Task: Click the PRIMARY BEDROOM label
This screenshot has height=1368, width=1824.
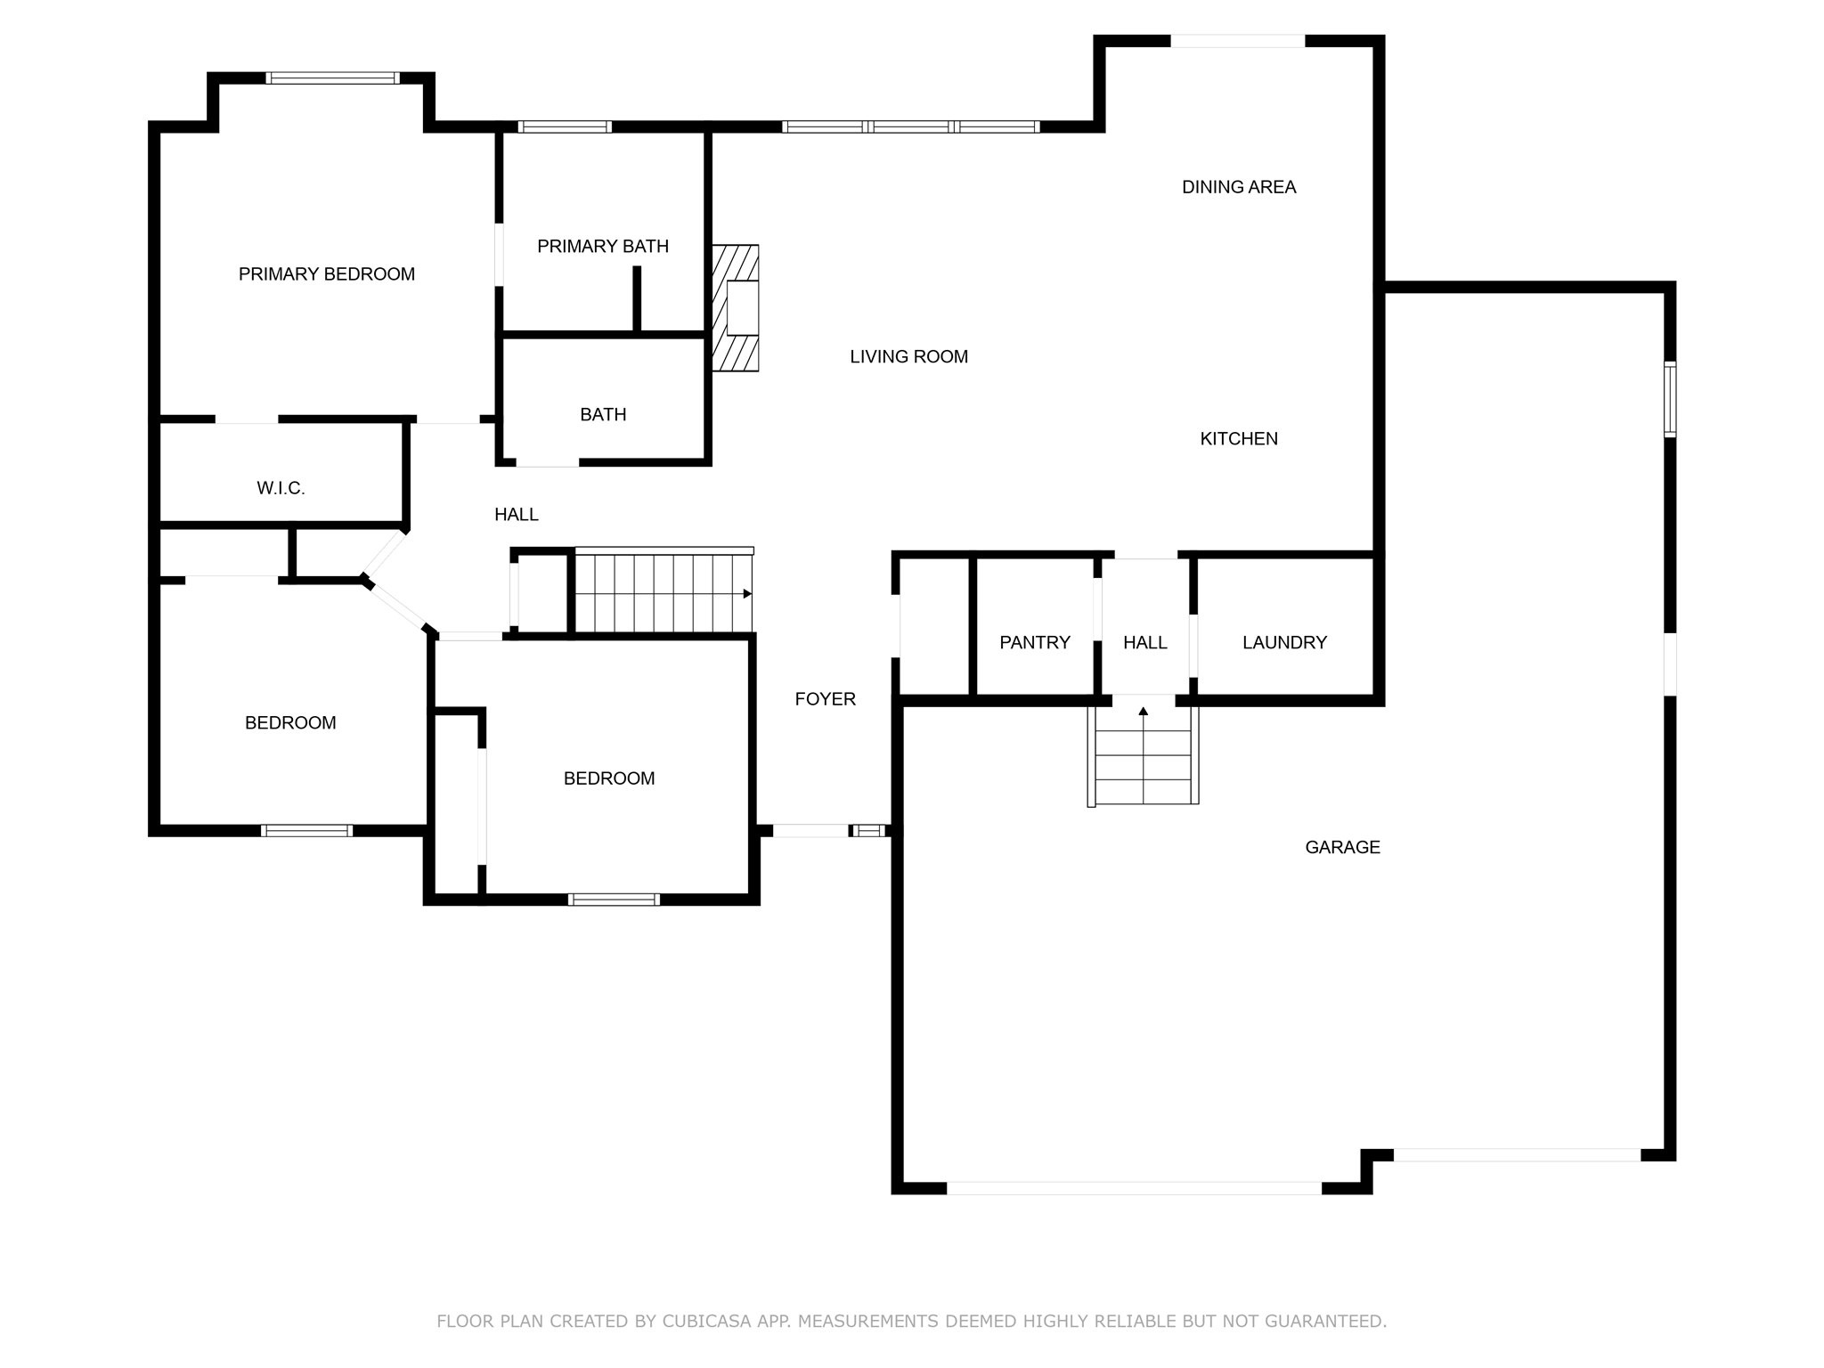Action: click(326, 274)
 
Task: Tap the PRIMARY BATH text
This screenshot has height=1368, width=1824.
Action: click(603, 247)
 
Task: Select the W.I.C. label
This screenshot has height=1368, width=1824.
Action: click(281, 488)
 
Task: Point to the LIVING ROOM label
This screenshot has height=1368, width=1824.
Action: click(908, 357)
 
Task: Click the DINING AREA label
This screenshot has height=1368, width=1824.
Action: click(1238, 187)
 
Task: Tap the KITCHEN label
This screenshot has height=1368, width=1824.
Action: click(1238, 439)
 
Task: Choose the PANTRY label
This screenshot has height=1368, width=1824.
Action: click(1034, 642)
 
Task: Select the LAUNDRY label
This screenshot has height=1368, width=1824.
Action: click(1284, 642)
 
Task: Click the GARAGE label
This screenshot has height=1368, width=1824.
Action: click(1342, 847)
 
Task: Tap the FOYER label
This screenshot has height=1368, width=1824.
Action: click(825, 699)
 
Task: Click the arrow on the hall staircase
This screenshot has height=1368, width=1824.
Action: click(747, 594)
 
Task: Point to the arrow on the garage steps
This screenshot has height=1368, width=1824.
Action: click(1143, 711)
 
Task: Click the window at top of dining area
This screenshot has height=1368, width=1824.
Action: click(1237, 41)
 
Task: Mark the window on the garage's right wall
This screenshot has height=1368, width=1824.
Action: click(1670, 399)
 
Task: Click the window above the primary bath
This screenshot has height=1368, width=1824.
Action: click(565, 126)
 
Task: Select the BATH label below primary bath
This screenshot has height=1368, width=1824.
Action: click(603, 415)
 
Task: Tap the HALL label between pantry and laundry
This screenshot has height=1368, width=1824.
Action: click(1144, 642)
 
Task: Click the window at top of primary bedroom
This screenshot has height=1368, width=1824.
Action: click(334, 78)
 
